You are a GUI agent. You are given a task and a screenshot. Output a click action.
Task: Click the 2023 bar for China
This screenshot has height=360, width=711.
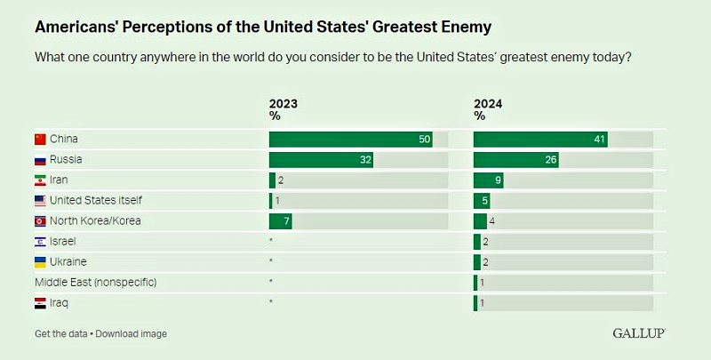click(350, 140)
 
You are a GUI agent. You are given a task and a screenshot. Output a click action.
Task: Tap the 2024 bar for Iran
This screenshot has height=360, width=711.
click(489, 180)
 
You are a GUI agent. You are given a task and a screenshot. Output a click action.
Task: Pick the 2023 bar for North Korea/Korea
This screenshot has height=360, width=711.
click(280, 221)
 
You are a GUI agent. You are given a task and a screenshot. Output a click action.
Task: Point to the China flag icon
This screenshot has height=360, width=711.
click(39, 140)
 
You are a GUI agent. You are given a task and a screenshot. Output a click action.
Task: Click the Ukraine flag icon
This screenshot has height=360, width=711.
click(39, 262)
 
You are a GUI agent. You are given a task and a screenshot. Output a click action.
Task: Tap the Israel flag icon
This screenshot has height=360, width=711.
click(39, 242)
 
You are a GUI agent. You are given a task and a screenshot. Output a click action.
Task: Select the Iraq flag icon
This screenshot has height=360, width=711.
click(39, 303)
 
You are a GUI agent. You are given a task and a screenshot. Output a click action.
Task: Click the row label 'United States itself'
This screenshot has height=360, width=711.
click(95, 201)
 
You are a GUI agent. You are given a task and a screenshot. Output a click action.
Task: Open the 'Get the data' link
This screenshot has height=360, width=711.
click(61, 334)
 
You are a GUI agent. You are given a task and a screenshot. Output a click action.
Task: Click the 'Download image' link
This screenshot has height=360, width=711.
click(132, 334)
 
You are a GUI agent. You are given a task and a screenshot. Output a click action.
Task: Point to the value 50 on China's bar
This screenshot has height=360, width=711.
click(425, 140)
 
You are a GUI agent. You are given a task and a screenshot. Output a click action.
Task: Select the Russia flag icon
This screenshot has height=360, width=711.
click(39, 160)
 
